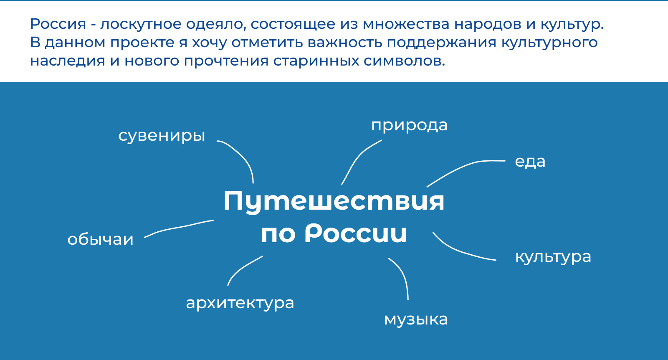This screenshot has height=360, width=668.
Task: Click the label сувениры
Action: click(162, 136)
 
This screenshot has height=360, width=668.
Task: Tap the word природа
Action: click(409, 125)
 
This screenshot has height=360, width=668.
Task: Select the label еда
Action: click(530, 162)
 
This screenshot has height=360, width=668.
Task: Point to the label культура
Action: click(553, 257)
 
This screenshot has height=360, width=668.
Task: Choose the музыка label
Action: click(416, 319)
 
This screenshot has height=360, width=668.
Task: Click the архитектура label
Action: click(240, 303)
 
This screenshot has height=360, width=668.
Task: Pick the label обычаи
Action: click(100, 239)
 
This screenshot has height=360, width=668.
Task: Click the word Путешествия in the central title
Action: click(334, 201)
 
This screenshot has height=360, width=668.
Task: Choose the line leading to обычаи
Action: click(180, 228)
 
